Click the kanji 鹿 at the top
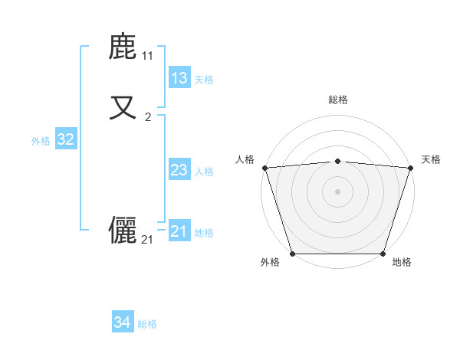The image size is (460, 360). (123, 47)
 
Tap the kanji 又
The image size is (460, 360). (123, 106)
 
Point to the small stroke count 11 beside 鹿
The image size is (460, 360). (148, 56)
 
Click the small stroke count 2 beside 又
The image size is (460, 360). (148, 116)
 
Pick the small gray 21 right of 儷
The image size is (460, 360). (148, 240)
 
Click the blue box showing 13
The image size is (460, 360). (179, 78)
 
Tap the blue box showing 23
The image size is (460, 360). (179, 170)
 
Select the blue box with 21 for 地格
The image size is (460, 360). (179, 231)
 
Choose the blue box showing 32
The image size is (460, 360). (66, 139)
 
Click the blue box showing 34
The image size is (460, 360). (122, 322)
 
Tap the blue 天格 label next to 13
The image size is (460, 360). (204, 80)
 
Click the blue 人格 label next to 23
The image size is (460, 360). (204, 172)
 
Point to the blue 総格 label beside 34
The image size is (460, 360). (147, 324)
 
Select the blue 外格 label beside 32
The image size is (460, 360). (41, 141)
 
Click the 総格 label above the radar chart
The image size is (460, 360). (338, 100)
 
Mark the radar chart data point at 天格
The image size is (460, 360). (410, 168)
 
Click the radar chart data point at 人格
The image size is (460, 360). (264, 168)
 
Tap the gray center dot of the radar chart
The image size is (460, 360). (337, 191)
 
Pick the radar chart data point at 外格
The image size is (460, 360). (293, 253)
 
